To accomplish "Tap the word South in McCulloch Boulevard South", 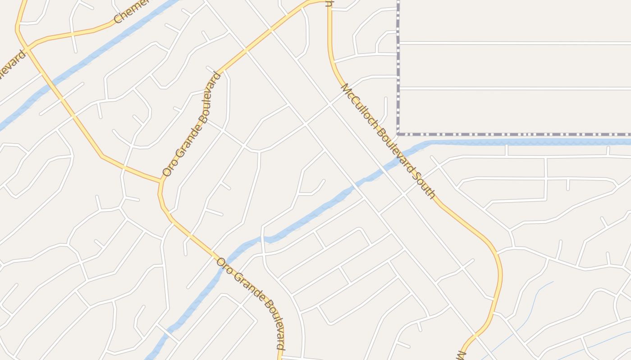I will pyautogui.click(x=424, y=184).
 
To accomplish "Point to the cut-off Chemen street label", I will pyautogui.click(x=131, y=11).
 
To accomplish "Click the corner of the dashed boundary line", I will pyautogui.click(x=398, y=134).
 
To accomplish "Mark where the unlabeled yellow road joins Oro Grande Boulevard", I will pyautogui.click(x=161, y=181).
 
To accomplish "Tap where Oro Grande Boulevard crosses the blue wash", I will pyautogui.click(x=228, y=259).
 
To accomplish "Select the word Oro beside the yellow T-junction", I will pyautogui.click(x=167, y=169).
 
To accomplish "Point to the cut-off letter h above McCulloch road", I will pyautogui.click(x=329, y=4).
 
